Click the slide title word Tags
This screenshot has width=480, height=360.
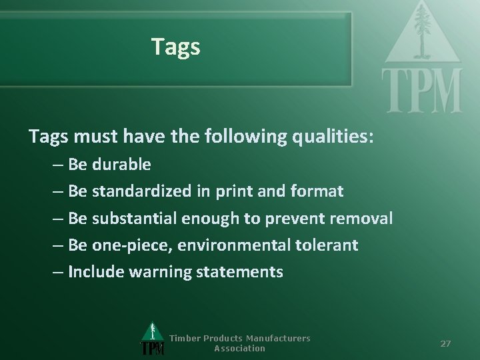click(175, 47)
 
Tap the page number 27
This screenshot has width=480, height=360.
click(446, 343)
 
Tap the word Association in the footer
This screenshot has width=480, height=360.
click(239, 348)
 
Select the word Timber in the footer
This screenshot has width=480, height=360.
click(185, 338)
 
